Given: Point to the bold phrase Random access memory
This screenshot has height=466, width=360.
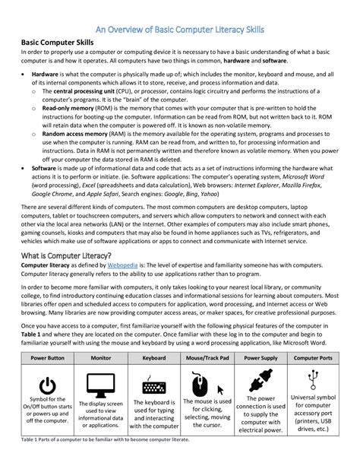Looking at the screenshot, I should tap(73, 133).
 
